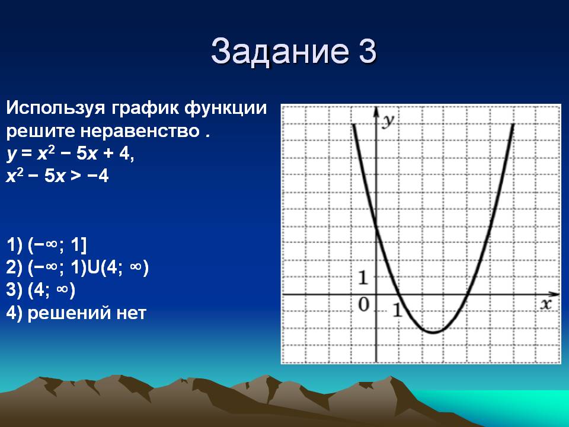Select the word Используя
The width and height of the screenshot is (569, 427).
(56, 108)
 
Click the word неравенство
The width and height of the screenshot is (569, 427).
(139, 130)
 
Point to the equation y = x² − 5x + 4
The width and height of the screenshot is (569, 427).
(71, 154)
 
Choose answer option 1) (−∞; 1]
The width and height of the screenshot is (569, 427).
(46, 245)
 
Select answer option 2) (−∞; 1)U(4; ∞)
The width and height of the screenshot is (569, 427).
(77, 267)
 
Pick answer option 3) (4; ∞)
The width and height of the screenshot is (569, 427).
(41, 290)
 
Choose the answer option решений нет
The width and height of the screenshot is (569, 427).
(87, 313)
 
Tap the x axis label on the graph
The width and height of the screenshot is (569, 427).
(546, 304)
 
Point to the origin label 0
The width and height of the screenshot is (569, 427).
(363, 304)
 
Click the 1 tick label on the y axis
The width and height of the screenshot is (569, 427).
(363, 278)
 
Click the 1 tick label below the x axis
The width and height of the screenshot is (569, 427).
(398, 310)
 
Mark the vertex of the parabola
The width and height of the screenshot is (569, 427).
(433, 332)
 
